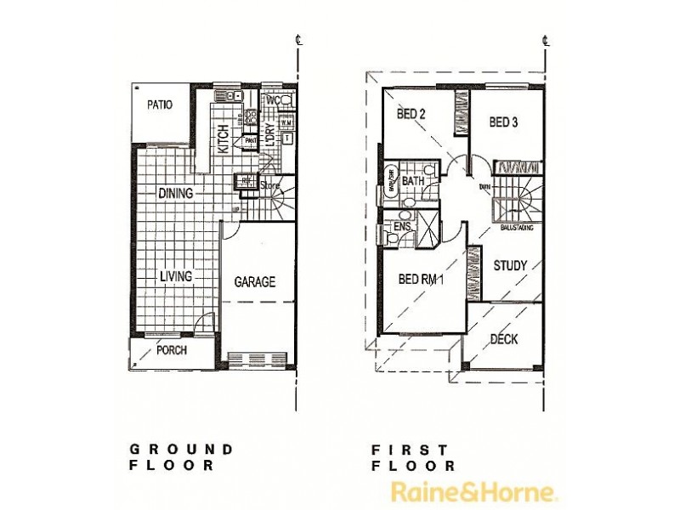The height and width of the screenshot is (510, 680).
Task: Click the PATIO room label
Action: click(x=159, y=105)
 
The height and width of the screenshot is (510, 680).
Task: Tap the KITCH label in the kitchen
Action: click(x=223, y=138)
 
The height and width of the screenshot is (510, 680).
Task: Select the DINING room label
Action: click(x=175, y=193)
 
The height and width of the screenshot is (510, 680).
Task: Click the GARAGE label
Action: click(x=255, y=282)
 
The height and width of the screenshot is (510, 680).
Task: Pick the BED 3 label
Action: click(x=503, y=122)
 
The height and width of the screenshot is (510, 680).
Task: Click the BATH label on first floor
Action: click(x=413, y=181)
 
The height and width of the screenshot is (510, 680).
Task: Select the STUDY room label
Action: click(x=511, y=265)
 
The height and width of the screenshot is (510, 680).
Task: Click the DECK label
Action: click(x=504, y=339)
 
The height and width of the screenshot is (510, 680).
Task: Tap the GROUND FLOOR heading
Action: click(x=180, y=456)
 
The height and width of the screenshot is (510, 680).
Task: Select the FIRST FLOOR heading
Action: click(x=412, y=456)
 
